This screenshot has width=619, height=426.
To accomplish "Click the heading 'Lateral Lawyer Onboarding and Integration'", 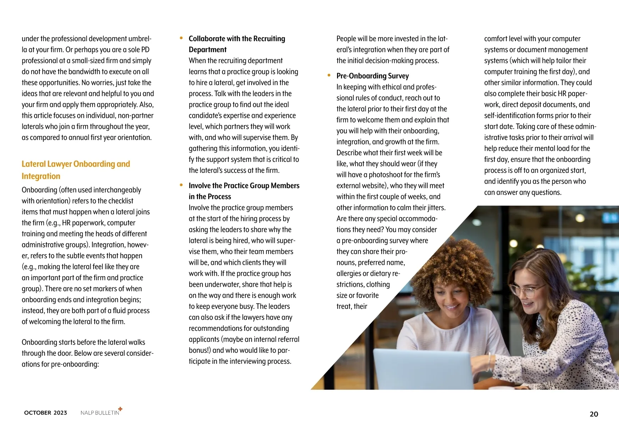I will pyautogui.click(x=76, y=170).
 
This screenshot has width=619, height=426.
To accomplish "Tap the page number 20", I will pyautogui.click(x=593, y=414).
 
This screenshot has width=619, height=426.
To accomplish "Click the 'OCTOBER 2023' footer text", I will pyautogui.click(x=45, y=413).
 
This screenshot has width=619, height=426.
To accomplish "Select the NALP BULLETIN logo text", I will pyautogui.click(x=100, y=413).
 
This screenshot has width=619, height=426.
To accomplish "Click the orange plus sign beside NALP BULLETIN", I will pyautogui.click(x=120, y=409).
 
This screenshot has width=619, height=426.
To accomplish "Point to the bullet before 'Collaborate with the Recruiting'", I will pyautogui.click(x=181, y=38).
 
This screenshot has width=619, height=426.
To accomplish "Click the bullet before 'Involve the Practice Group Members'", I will pyautogui.click(x=181, y=185).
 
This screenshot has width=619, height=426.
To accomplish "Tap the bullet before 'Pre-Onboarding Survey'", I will pyautogui.click(x=329, y=75).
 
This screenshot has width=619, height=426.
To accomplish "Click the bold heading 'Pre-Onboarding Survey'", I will pyautogui.click(x=372, y=76).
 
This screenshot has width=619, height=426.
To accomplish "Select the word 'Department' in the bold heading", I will pyautogui.click(x=208, y=50).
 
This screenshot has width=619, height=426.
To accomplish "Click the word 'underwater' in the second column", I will pyautogui.click(x=219, y=285).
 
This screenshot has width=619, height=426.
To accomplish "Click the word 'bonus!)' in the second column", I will pyautogui.click(x=199, y=350).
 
